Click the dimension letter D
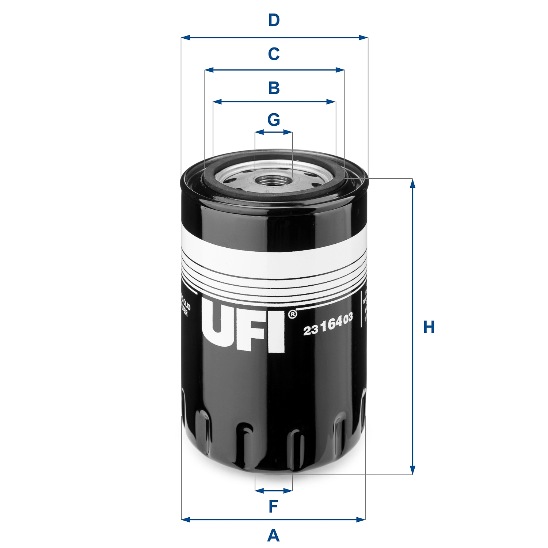pos(274,20)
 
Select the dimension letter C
pos(274,54)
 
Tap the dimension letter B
pos(274,88)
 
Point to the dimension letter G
pos(274,119)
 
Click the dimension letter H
pos(429,327)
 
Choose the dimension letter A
pos(274,536)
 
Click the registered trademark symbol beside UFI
pos(292,314)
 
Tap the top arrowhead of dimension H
pos(413,183)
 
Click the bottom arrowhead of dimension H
pos(413,470)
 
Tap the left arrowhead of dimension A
pos(186,519)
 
